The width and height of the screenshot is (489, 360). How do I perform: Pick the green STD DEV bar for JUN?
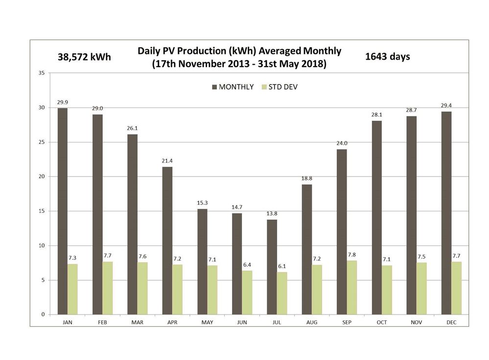point(247,292)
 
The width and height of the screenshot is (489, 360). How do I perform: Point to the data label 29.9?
point(62,102)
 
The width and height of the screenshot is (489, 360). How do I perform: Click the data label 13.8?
point(272,214)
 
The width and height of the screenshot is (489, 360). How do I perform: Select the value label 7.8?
point(352,255)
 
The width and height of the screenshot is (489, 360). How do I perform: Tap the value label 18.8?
point(306,179)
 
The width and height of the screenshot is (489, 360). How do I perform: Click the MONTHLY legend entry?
point(233,87)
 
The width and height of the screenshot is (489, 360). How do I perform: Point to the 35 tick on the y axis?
point(41,73)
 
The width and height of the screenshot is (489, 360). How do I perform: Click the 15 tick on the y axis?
point(41,211)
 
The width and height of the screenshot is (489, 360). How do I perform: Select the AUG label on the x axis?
point(312,322)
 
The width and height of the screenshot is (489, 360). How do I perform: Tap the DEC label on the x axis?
point(451,322)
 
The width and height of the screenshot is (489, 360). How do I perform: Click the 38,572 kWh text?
point(84,57)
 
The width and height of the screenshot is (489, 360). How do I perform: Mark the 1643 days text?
point(388,56)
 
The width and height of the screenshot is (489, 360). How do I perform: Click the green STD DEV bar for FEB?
point(108,288)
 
